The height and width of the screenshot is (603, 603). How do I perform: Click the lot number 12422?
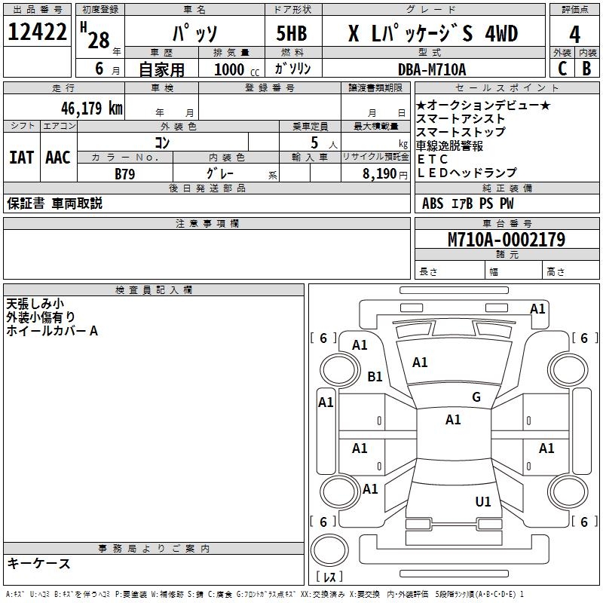(38, 32)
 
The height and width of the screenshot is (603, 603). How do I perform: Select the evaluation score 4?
(574, 35)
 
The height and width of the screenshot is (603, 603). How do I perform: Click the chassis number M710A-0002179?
(506, 240)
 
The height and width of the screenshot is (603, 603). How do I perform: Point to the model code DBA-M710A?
(432, 69)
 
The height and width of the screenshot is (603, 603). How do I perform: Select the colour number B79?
(126, 173)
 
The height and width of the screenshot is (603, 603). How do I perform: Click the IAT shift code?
(21, 157)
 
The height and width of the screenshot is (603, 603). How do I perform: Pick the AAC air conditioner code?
(58, 157)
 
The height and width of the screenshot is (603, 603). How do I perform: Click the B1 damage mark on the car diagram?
(375, 377)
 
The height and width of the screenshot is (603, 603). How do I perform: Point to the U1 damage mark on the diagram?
(483, 501)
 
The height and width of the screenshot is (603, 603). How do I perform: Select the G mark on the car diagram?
(476, 397)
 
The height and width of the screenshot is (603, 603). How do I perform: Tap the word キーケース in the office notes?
(38, 563)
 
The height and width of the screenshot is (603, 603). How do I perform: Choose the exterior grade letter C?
(562, 69)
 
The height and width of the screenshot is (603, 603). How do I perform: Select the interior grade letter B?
(586, 69)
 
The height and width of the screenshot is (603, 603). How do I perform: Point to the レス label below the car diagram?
(329, 577)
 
